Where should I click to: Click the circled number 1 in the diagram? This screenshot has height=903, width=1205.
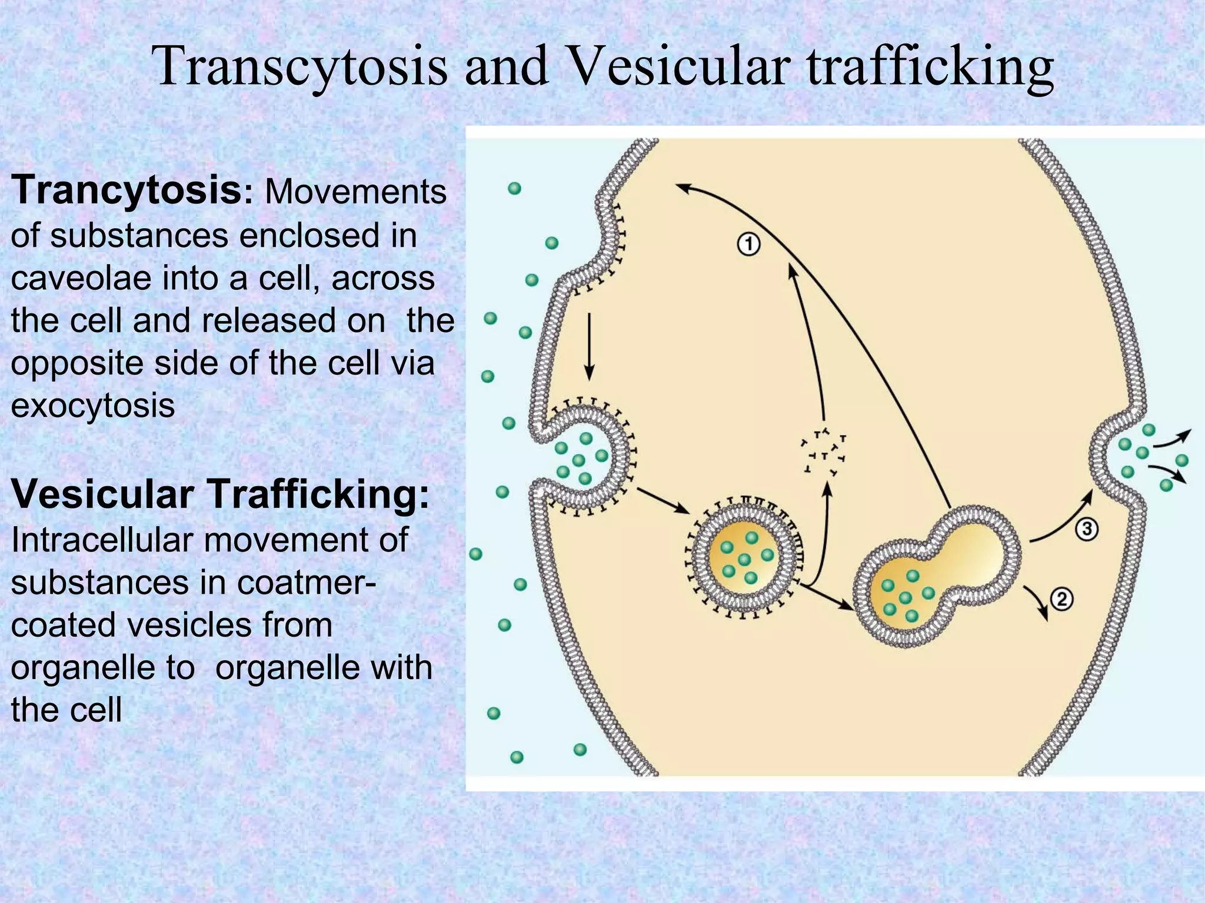(748, 244)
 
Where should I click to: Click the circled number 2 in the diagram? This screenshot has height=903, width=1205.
(1061, 600)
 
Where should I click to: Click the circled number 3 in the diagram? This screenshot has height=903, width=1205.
(1087, 529)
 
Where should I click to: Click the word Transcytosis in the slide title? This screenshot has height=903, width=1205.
(300, 68)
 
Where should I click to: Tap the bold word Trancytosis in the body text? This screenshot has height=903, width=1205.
(126, 190)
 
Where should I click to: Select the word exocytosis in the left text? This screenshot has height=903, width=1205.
(93, 406)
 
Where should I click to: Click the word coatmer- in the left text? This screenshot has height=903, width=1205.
(307, 583)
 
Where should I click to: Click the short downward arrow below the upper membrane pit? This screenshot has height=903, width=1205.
(590, 347)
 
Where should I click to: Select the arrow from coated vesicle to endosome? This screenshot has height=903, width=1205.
(826, 597)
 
